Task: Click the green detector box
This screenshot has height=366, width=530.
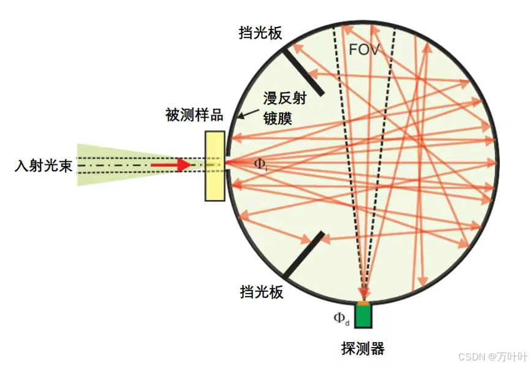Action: pos(364,316)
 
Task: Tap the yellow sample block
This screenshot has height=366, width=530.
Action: pos(215,166)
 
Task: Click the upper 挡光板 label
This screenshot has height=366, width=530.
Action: pos(261,33)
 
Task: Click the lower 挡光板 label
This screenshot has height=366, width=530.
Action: pos(261,292)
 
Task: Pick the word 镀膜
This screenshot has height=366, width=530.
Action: pos(277,117)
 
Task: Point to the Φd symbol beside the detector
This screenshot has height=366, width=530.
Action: pos(341,318)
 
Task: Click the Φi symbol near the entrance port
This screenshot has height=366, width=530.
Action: pos(260,164)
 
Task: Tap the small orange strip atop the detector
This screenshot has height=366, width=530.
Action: pos(364,303)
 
